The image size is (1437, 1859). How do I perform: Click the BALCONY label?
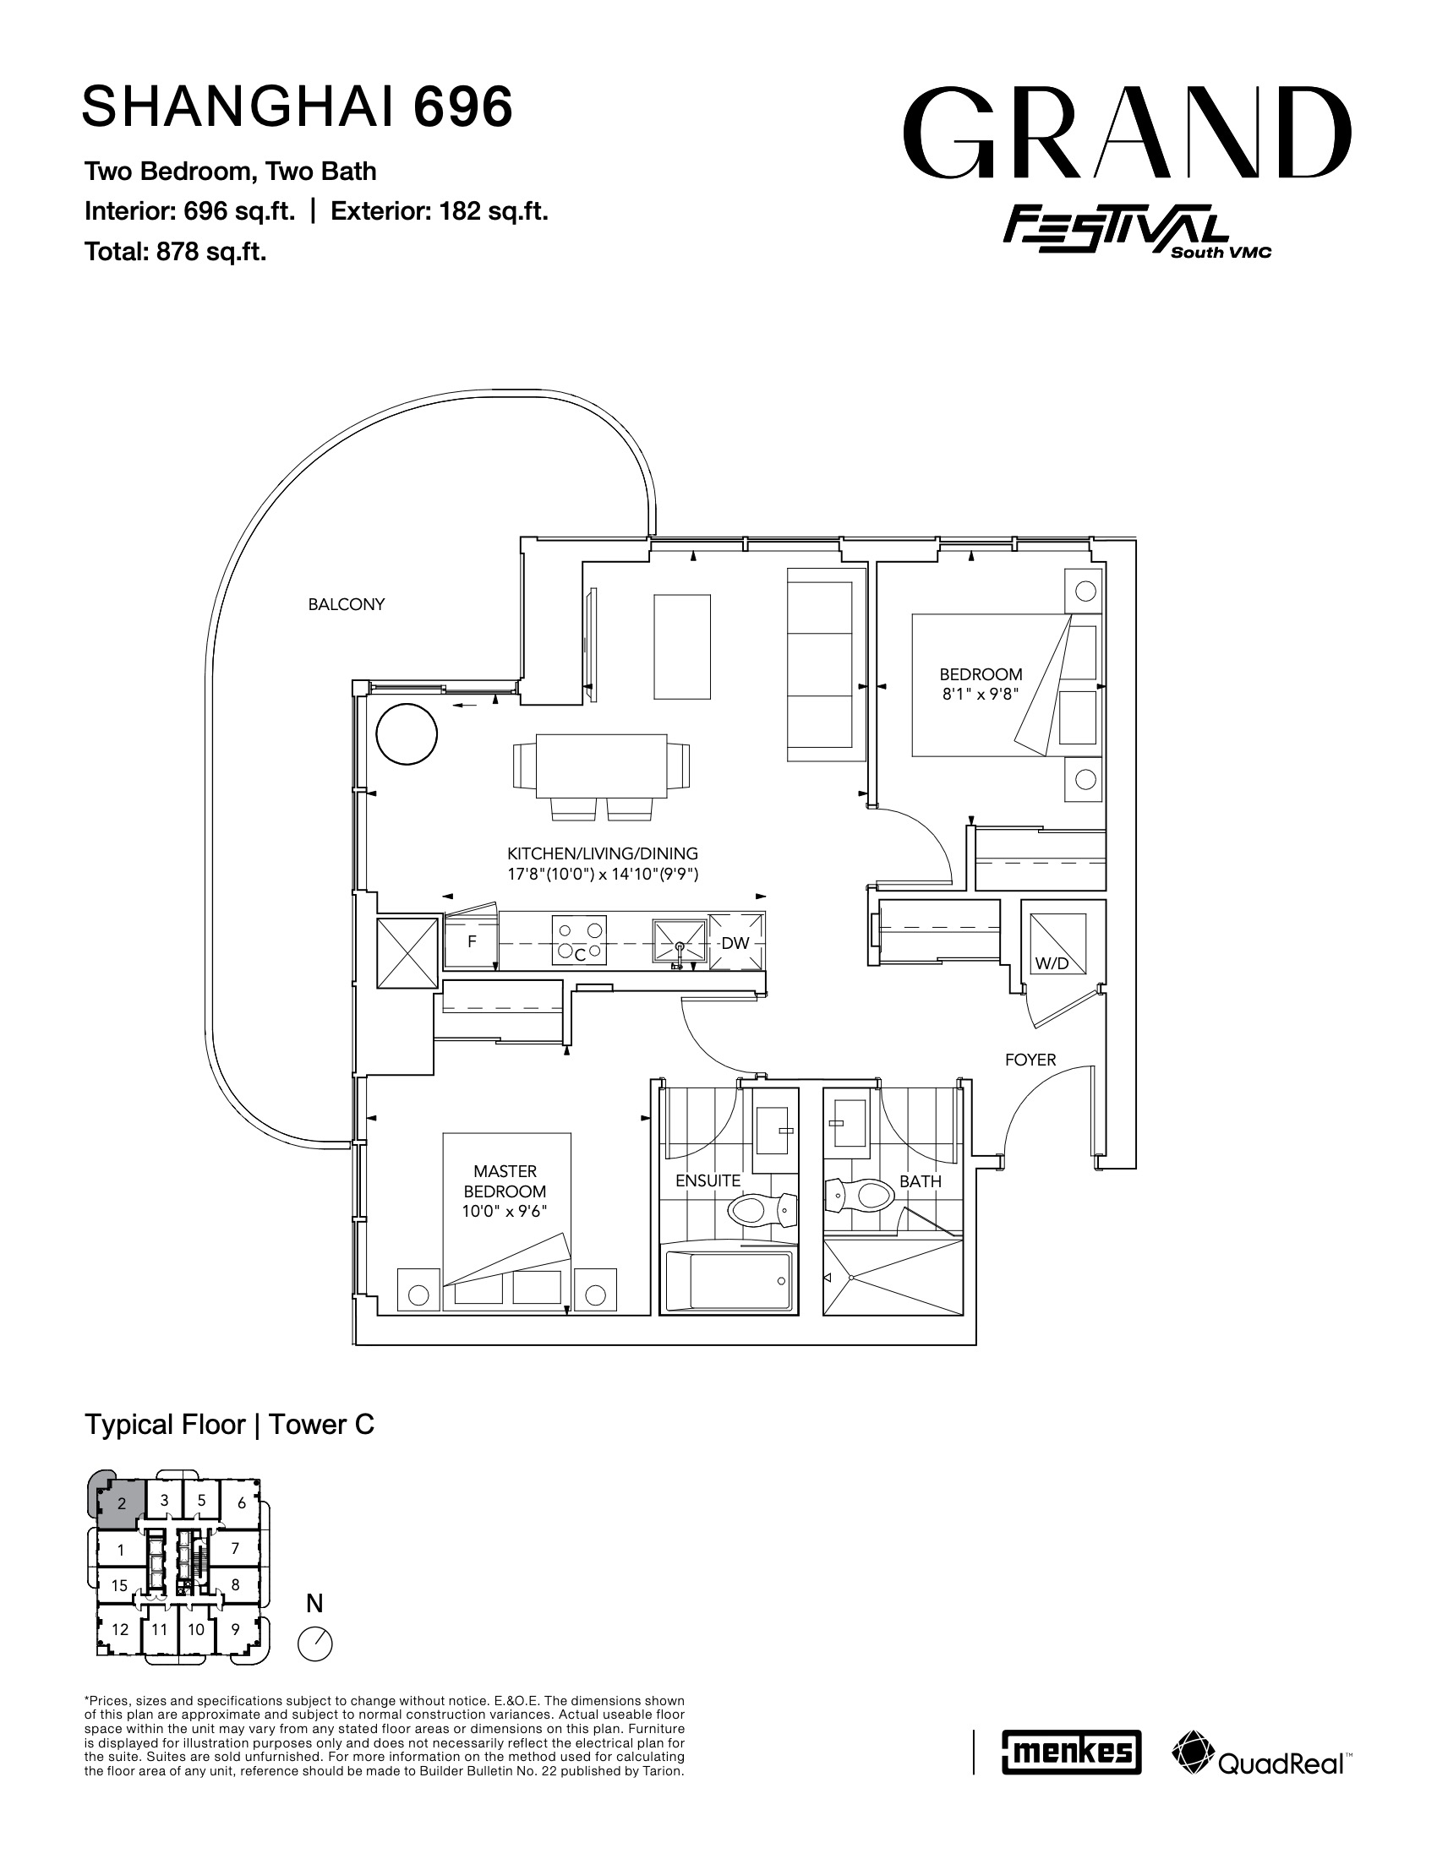(347, 604)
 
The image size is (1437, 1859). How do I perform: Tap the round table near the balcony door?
(407, 734)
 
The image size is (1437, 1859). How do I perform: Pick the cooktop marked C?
(580, 940)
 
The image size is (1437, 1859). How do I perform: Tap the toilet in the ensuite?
(762, 1207)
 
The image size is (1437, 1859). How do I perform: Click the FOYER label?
(1030, 1060)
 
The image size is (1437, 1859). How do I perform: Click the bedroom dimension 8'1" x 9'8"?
(981, 694)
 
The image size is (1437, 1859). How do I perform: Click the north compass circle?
(316, 1644)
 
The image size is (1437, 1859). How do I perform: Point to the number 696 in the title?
(463, 106)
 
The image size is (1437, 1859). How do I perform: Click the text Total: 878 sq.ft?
(175, 252)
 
